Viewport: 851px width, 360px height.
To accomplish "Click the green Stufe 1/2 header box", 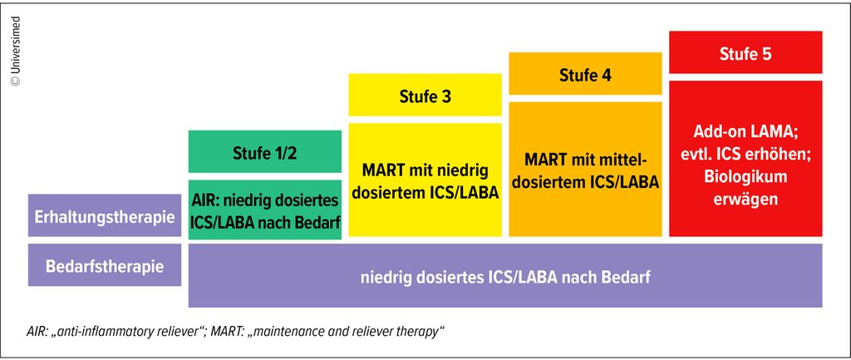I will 265,152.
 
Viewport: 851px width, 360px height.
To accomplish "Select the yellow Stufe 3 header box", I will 425,96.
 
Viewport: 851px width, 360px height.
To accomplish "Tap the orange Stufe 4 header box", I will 585,74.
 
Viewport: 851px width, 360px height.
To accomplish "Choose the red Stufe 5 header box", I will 745,53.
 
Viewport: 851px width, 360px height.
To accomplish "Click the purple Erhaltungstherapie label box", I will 104,216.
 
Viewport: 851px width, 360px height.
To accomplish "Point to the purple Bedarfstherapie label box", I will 104,266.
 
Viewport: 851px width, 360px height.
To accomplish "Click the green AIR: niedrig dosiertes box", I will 265,210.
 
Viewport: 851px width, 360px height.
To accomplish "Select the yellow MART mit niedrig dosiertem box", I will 425,180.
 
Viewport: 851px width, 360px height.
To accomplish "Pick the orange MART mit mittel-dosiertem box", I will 585,170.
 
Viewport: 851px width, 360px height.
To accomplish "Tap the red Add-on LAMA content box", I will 745,158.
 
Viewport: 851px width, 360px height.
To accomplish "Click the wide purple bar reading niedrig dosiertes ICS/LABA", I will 505,276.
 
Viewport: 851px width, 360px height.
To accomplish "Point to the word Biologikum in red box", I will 745,177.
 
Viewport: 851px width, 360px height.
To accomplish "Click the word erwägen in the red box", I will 745,200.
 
